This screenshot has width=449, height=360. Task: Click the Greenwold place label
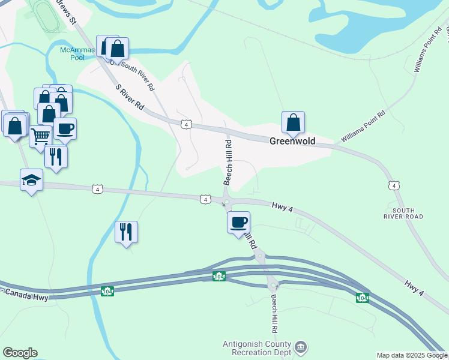point(292,141)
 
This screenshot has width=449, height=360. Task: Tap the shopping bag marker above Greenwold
point(293,122)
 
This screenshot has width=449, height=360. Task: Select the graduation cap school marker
point(31,180)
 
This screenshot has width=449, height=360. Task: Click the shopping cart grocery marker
point(40,136)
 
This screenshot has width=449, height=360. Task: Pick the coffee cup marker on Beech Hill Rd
point(238,222)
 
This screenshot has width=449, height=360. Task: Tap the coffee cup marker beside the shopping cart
point(65,128)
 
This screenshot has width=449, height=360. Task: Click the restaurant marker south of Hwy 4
point(126,232)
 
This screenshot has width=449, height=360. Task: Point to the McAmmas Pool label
point(77,53)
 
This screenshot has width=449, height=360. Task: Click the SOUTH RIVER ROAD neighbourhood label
point(408,213)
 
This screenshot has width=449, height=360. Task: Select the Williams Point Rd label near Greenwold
point(363,127)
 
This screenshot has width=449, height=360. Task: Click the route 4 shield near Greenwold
point(187,124)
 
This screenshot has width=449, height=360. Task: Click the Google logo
point(20,353)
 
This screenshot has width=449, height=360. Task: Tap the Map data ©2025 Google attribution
point(412,355)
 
